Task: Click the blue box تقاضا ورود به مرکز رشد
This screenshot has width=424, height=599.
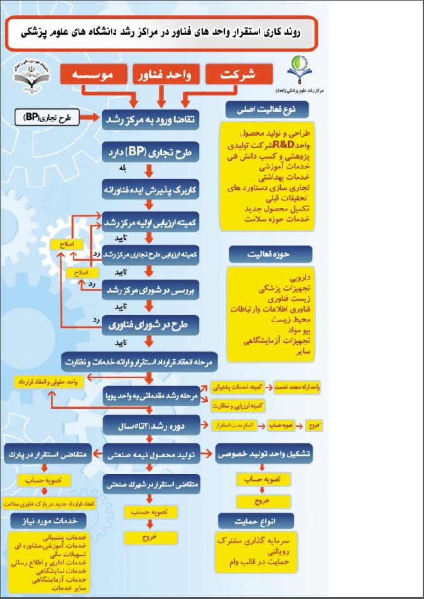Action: click(x=151, y=118)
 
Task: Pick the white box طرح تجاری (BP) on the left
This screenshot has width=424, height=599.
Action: click(x=47, y=117)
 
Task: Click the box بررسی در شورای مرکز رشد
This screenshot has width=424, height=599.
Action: click(x=151, y=289)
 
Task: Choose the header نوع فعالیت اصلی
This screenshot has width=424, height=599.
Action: click(x=259, y=109)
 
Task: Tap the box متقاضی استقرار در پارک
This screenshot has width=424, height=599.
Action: click(x=48, y=453)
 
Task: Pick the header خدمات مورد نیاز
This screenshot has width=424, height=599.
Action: click(x=48, y=520)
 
